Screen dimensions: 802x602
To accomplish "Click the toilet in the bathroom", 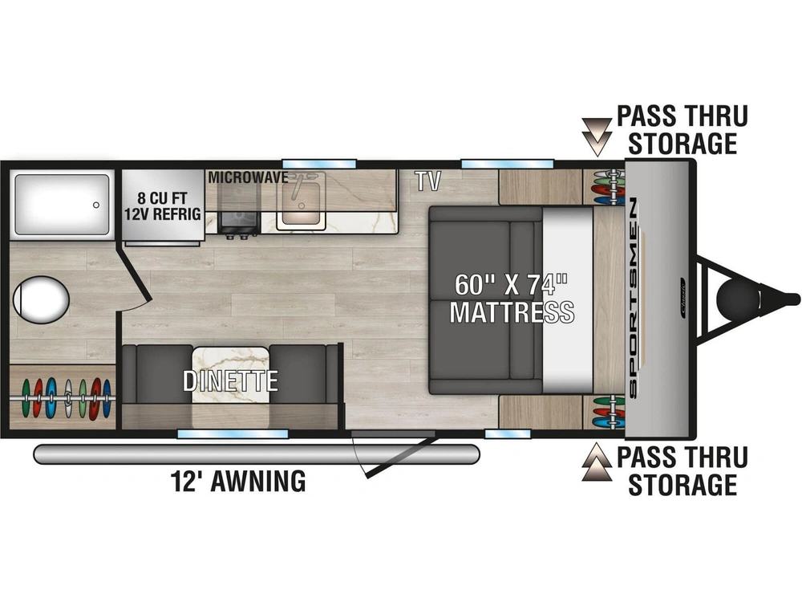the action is click(41, 300).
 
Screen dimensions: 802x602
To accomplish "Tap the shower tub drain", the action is click(96, 205).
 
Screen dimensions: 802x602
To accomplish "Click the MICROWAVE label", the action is click(248, 177).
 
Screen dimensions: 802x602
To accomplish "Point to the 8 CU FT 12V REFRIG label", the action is click(163, 205).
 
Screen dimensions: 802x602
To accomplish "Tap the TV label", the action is click(427, 181).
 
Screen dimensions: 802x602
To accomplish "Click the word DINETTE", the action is click(231, 380).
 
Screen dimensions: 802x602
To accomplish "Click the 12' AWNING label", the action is click(238, 481).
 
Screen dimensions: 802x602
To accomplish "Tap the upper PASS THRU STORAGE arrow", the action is click(597, 136).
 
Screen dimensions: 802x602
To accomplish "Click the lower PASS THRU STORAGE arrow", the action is click(597, 462).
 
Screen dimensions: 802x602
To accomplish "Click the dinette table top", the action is click(231, 375).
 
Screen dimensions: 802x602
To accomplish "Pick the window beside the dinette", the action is click(233, 434).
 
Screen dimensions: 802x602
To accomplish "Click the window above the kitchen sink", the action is click(319, 164).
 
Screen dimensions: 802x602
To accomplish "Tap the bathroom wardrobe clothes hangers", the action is click(64, 398).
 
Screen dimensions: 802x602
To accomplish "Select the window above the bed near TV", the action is click(508, 164).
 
